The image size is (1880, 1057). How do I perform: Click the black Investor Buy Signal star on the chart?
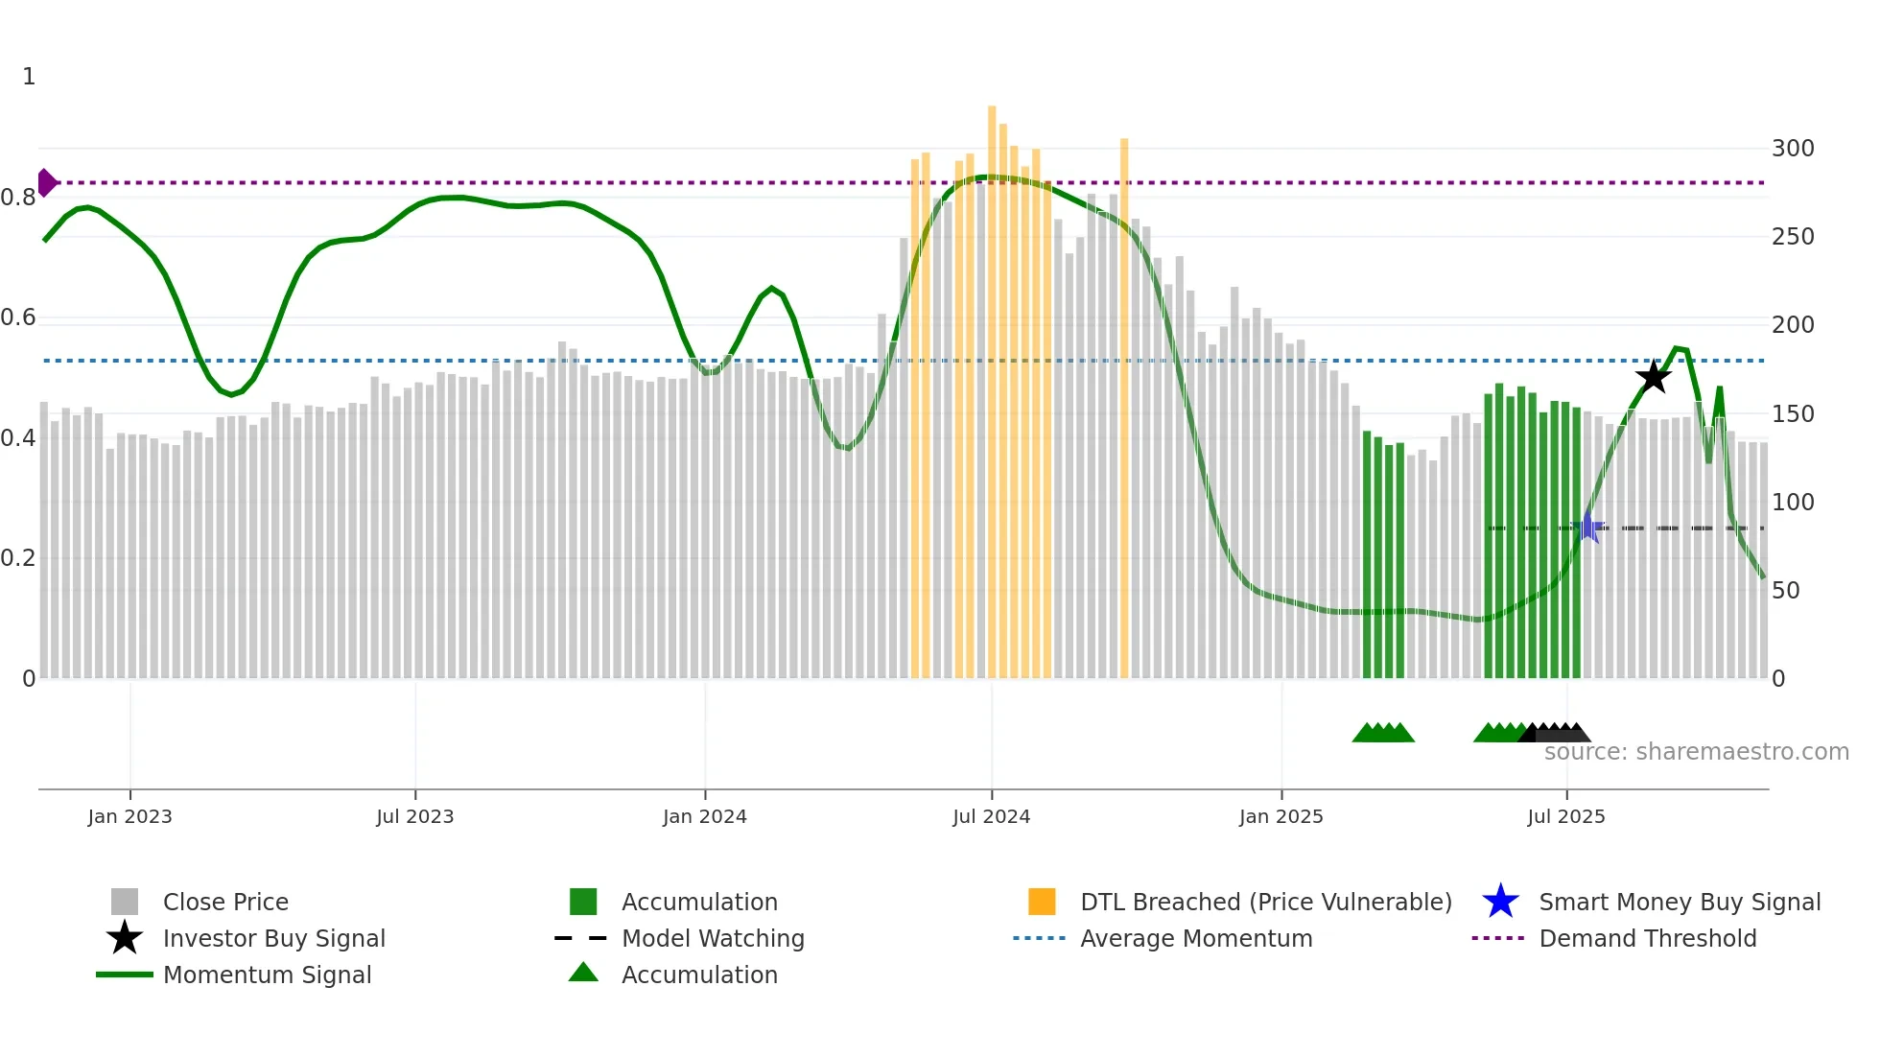pos(1653,377)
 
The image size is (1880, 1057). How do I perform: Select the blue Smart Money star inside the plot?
pos(1588,528)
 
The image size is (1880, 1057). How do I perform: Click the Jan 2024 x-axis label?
pos(704,816)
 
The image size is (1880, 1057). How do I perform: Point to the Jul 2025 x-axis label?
pos(1565,816)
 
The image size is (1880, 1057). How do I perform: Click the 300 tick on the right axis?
pos(1792,149)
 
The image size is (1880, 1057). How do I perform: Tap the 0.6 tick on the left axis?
pos(18,317)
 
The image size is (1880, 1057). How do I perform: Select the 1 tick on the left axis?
pos(29,77)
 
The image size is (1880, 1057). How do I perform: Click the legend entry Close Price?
pos(225,902)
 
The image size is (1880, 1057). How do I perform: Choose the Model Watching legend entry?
pos(712,938)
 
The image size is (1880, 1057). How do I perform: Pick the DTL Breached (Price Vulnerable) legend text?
pos(1265,902)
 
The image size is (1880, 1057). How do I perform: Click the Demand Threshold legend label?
pos(1647,938)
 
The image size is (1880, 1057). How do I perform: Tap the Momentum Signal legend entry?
pos(267,975)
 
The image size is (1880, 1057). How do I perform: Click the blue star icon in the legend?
pos(1500,902)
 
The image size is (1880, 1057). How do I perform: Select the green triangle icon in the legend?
pos(583,973)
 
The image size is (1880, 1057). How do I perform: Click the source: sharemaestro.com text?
pos(1696,752)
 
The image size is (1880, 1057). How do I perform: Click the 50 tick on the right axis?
pos(1785,591)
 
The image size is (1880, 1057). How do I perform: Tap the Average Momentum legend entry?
pos(1195,938)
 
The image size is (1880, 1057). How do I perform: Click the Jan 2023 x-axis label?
pos(129,816)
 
